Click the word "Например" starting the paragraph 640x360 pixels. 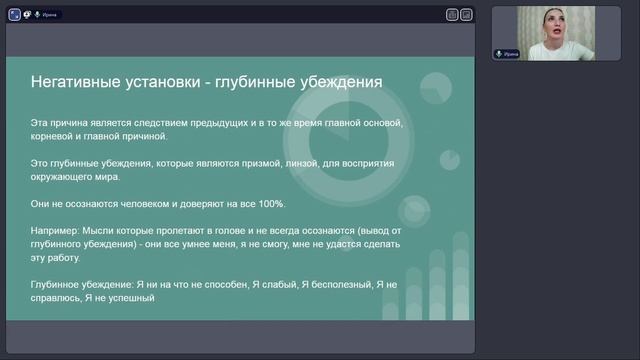pyautogui.click(x=54, y=230)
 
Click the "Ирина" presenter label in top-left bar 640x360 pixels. pyautogui.click(x=51, y=15)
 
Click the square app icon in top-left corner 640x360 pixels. pyautogui.click(x=13, y=15)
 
